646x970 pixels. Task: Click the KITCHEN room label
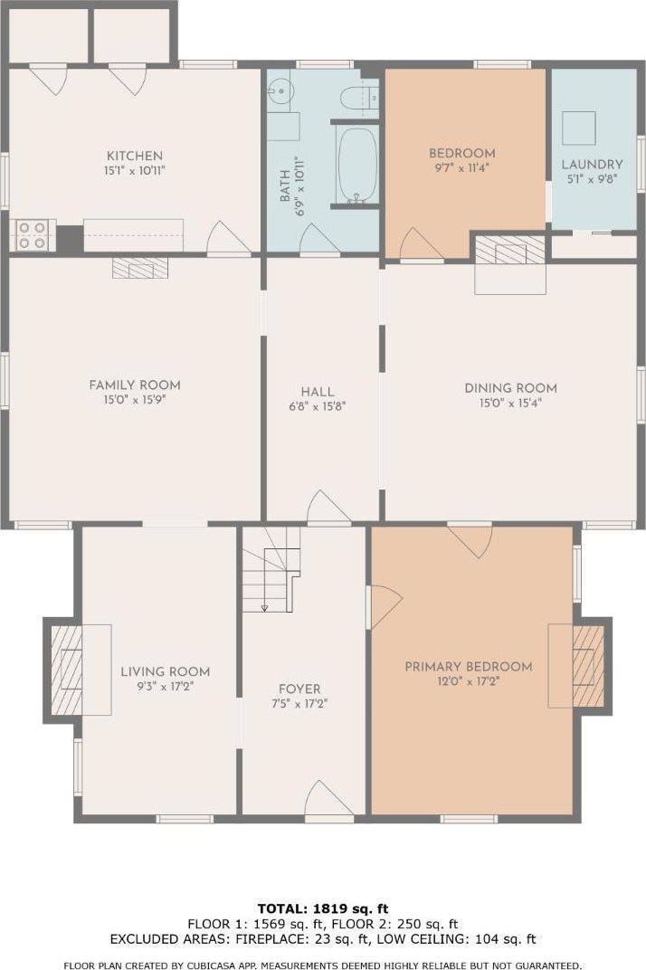135,156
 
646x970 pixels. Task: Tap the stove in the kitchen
33,235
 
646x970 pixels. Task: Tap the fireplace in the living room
65,670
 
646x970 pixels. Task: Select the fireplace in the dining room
510,250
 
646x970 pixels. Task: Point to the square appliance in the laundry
579,127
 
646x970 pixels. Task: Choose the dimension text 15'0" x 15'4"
510,404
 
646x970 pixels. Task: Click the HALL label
318,392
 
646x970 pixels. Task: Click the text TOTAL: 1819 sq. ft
322,908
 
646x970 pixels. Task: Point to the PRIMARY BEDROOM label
468,667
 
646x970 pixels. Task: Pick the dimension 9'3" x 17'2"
165,687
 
